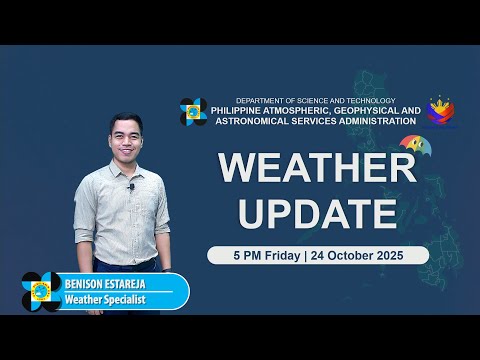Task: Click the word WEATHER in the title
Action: click(x=317, y=167)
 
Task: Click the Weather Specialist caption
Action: click(x=119, y=299)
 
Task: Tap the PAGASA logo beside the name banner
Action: click(x=41, y=291)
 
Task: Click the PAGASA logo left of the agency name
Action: click(x=193, y=111)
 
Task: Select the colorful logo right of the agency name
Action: click(x=441, y=112)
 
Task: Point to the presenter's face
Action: click(x=127, y=137)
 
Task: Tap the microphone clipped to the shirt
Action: click(x=131, y=187)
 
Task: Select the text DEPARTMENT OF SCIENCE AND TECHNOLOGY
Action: click(x=315, y=101)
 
